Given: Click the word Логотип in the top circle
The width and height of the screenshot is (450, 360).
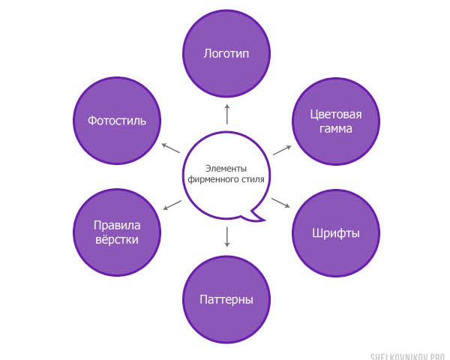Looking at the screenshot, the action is click(x=226, y=54).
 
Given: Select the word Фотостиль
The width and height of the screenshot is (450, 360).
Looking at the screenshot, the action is click(x=117, y=121).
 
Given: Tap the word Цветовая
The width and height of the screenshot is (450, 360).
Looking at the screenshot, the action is click(x=336, y=115).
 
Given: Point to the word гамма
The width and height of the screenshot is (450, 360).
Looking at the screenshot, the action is click(x=336, y=128).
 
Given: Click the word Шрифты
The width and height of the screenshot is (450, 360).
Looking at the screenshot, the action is click(x=336, y=233).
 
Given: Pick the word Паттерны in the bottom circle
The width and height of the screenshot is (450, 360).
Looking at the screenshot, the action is click(x=226, y=300).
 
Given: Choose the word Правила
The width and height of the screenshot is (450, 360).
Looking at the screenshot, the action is click(x=117, y=226).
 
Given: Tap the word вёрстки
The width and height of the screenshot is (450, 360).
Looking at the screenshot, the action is click(x=117, y=239).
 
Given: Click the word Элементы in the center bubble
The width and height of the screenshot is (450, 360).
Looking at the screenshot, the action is click(x=226, y=169).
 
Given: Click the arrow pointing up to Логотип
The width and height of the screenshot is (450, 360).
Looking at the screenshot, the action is click(x=227, y=114).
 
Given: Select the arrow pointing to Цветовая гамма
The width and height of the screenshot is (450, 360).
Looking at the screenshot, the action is click(x=282, y=150).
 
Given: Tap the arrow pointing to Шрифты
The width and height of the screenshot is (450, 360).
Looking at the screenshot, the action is click(x=280, y=202).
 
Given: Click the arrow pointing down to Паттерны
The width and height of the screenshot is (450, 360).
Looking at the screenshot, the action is click(x=227, y=237).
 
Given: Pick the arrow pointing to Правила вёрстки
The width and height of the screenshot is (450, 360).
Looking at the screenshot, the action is click(x=172, y=205).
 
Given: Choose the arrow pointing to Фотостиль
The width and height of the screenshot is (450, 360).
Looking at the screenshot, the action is click(x=171, y=148).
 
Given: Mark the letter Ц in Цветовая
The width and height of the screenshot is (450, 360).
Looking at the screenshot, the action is click(x=313, y=115).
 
